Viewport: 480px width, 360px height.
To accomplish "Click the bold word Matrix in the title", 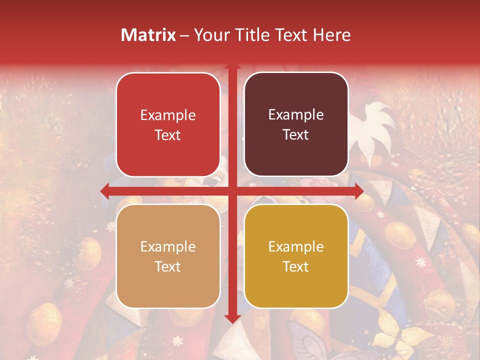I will point(148,35).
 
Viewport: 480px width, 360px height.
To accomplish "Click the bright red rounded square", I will point(168,124).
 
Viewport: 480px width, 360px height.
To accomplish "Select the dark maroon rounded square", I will point(296,124).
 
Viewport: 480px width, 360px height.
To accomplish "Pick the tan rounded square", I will point(168,256).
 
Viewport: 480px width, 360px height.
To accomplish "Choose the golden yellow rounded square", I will point(296,256).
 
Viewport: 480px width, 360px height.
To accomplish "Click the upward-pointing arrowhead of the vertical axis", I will point(232,66).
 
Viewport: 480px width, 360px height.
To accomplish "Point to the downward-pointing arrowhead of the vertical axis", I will point(232,318).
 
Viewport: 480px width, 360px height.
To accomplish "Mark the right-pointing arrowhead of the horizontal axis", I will point(359,190).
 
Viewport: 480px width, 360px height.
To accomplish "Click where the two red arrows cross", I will point(232,190).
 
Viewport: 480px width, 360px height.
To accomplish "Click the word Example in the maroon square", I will point(296,115).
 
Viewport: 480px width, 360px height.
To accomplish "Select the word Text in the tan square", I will point(168,266).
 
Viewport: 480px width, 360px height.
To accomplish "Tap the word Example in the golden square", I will point(296,246).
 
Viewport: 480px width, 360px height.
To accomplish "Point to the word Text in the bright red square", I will point(168,135).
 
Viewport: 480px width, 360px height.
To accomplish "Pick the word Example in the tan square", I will point(168,246).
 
